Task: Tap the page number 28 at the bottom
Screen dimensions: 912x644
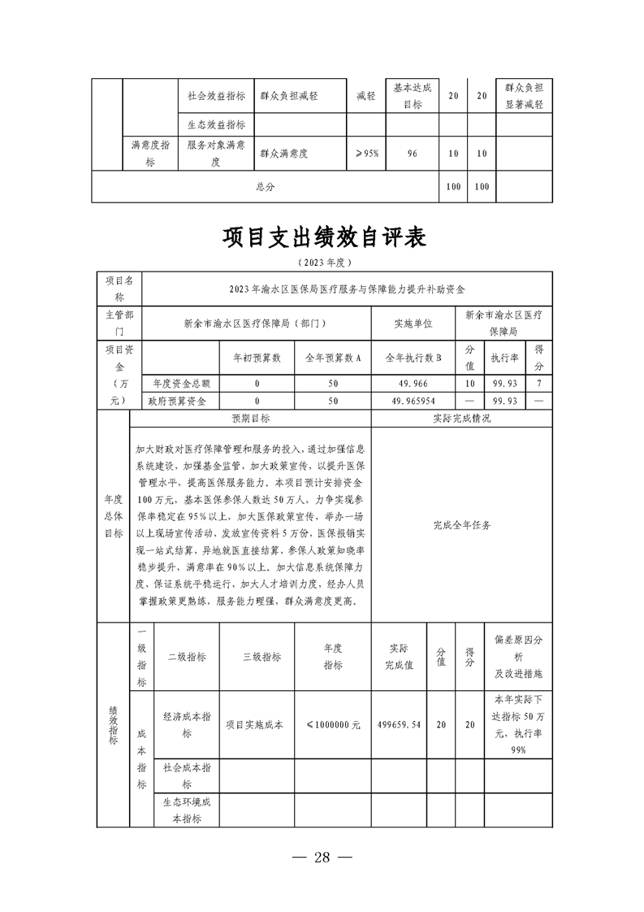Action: click(x=322, y=858)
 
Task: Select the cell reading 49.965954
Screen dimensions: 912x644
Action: click(x=413, y=402)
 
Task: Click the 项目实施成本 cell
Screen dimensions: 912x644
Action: click(x=253, y=725)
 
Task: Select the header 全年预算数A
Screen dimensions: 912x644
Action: click(x=332, y=357)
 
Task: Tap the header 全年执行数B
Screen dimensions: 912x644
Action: click(x=413, y=357)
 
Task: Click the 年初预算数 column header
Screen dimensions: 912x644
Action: click(x=257, y=357)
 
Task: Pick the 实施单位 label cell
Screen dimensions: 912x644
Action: click(x=413, y=323)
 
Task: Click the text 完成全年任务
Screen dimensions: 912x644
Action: click(x=462, y=525)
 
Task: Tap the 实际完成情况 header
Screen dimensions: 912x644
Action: click(x=462, y=419)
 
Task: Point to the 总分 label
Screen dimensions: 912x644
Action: click(x=266, y=187)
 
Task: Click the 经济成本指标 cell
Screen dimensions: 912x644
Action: click(x=187, y=725)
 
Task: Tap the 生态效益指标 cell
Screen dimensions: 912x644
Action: click(x=216, y=124)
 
